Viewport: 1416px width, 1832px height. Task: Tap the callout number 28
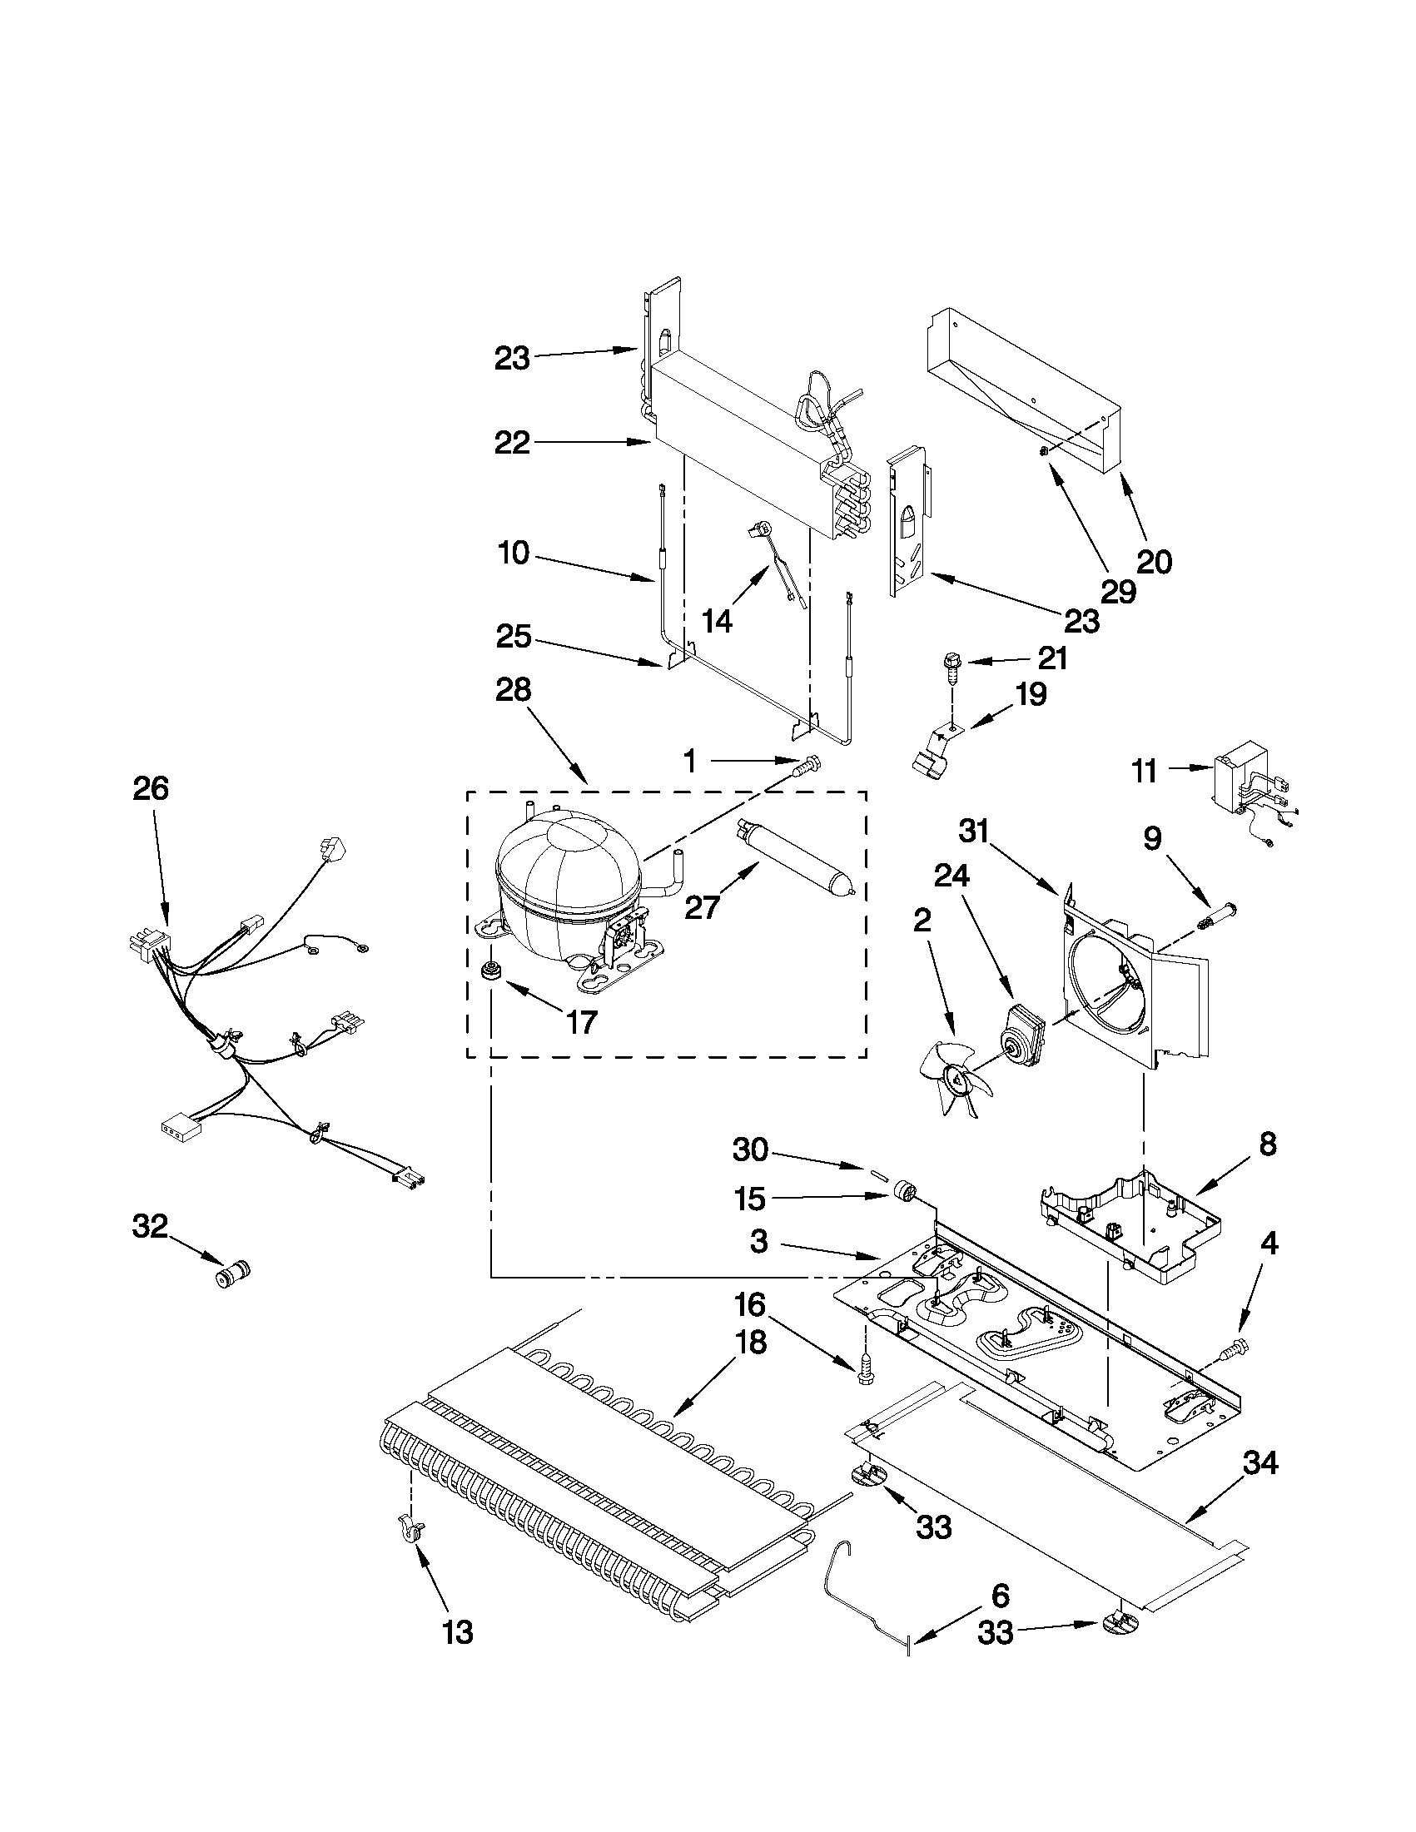[513, 689]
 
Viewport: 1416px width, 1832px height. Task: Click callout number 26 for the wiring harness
[151, 788]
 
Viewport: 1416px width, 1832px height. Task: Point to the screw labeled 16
[865, 1370]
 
